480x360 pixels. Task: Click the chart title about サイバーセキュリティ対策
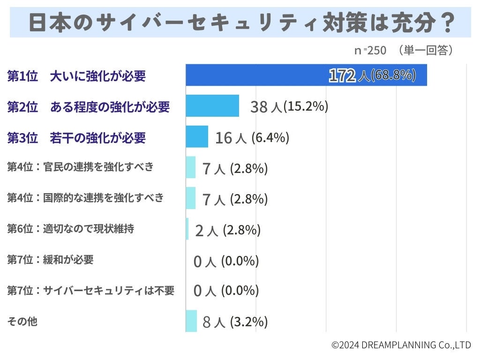pos(240,22)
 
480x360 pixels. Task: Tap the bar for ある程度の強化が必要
pos(212,106)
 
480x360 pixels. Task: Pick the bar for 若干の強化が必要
pos(196,137)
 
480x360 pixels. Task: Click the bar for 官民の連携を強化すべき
pos(190,167)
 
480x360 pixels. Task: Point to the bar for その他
pos(191,321)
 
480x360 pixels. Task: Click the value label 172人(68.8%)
pos(372,75)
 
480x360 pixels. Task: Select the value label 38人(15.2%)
pos(289,107)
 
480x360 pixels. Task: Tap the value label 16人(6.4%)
pos(252,138)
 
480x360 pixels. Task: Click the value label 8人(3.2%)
pos(235,322)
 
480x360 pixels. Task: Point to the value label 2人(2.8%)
pos(227,230)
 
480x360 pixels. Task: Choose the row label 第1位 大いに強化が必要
pos(76,76)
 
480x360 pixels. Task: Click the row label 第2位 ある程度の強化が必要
pos(88,107)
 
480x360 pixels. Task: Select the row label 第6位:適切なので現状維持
pos(70,229)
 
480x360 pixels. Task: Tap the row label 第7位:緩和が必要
pos(50,260)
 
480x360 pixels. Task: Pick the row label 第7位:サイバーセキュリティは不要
pos(90,291)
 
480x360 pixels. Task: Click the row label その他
pos(22,322)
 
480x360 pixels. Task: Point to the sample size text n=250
pos(370,50)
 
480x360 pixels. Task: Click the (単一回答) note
pos(424,50)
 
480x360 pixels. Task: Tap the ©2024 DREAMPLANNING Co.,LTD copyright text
pos(401,345)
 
